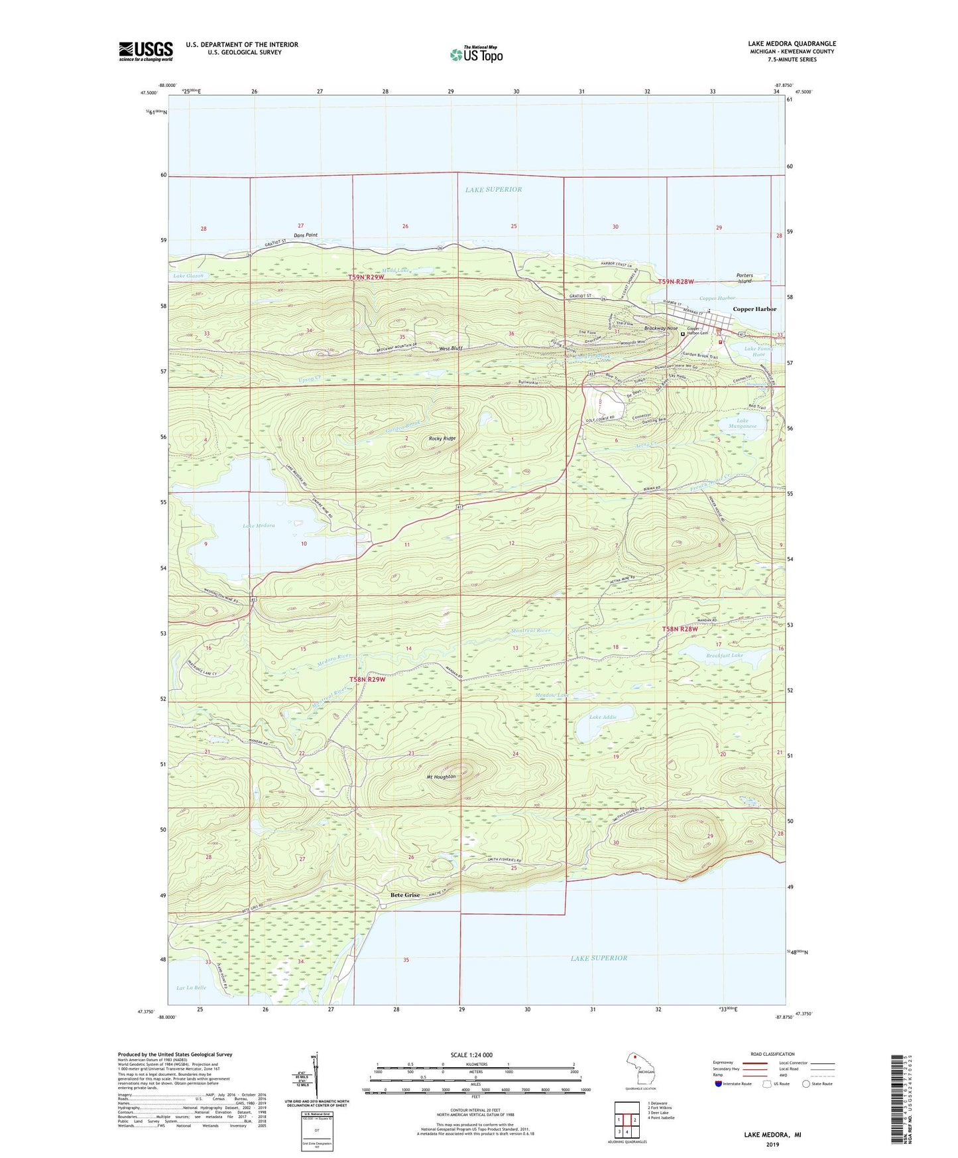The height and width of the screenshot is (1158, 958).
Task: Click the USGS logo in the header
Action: (x=146, y=51)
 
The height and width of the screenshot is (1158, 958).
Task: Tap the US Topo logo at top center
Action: (x=476, y=54)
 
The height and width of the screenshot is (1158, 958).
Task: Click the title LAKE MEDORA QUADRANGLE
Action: (x=792, y=44)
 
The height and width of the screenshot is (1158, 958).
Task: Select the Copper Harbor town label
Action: (x=754, y=309)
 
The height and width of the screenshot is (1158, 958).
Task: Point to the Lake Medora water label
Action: (x=259, y=526)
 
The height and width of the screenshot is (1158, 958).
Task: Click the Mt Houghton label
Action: (x=441, y=777)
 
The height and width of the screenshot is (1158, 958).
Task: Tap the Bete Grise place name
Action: (x=404, y=895)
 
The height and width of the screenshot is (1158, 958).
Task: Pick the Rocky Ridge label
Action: (x=442, y=438)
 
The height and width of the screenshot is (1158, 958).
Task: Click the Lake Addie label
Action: (x=603, y=718)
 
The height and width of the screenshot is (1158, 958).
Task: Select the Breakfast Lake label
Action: (x=724, y=655)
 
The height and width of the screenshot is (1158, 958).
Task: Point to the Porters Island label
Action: (x=745, y=278)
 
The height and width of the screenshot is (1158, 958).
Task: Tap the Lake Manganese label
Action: (x=743, y=423)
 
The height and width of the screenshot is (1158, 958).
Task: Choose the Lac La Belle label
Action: (x=191, y=988)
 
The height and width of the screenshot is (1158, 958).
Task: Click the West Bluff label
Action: (x=451, y=348)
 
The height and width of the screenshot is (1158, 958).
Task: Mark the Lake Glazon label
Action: (x=188, y=276)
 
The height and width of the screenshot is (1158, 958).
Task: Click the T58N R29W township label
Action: (x=367, y=679)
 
